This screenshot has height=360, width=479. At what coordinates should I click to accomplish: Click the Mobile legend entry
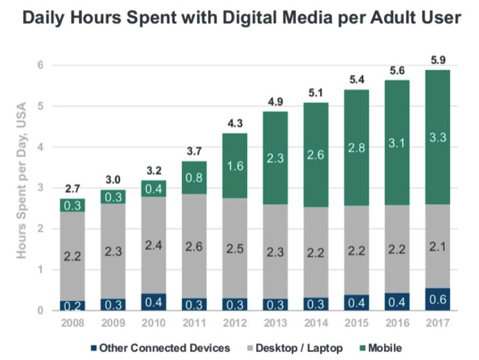[x=382, y=348]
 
